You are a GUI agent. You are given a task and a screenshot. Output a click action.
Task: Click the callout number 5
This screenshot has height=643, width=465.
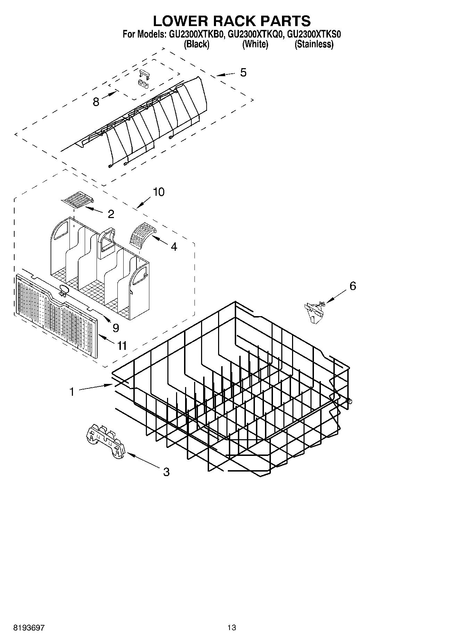point(243,73)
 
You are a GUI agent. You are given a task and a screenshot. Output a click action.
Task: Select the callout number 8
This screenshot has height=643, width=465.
point(96,102)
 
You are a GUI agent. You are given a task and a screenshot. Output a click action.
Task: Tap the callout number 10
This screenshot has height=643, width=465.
point(159,192)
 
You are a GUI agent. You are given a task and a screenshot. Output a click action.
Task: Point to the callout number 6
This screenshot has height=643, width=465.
point(353,286)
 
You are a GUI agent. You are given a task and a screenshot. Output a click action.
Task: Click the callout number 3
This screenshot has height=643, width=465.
point(166,472)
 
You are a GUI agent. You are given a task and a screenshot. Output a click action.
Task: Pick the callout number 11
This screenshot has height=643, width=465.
point(122,346)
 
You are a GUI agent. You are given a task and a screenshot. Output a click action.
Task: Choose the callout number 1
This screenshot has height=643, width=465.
point(72,392)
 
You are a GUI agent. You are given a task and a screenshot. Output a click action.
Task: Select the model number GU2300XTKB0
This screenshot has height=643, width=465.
point(198,34)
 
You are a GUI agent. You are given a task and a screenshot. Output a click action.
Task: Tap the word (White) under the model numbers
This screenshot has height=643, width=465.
point(255,44)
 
